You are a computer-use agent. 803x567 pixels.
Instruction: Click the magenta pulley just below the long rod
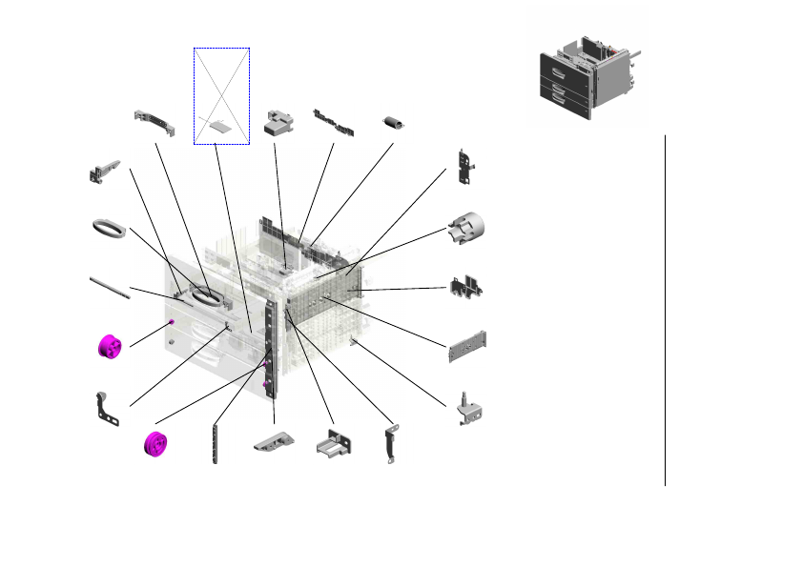(x=110, y=346)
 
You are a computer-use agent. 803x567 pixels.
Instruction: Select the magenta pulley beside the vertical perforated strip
(x=154, y=445)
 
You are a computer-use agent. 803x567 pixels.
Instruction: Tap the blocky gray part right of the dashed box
(x=278, y=123)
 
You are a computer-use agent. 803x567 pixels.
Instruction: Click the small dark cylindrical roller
(x=391, y=123)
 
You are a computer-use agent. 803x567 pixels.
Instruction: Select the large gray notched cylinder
(x=468, y=227)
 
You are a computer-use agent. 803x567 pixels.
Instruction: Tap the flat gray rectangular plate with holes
(x=467, y=346)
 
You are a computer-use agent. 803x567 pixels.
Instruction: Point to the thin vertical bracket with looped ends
(x=391, y=445)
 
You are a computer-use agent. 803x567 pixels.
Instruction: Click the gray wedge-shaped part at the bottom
(x=275, y=440)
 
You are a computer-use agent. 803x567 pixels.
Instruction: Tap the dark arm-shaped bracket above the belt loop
(x=105, y=172)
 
